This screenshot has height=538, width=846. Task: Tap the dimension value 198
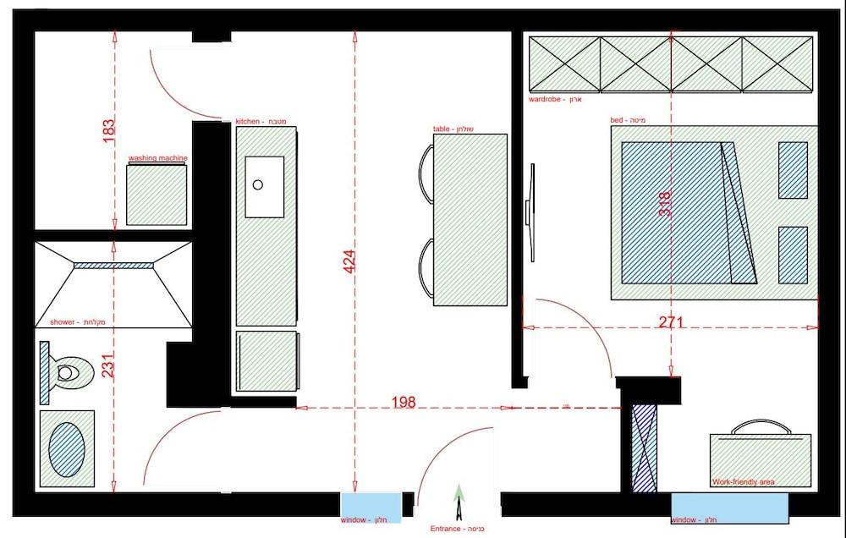404,403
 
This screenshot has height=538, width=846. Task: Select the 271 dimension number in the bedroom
670,322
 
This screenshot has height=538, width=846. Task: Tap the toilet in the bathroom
65,371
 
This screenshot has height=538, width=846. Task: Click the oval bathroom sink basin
67,448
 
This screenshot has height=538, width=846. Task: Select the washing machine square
157,195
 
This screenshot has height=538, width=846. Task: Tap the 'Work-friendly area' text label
743,482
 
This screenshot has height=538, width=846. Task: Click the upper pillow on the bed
793,170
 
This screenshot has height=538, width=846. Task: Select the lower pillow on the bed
793,254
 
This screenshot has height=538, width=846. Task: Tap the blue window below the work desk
729,508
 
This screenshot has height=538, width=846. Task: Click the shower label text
58,322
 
